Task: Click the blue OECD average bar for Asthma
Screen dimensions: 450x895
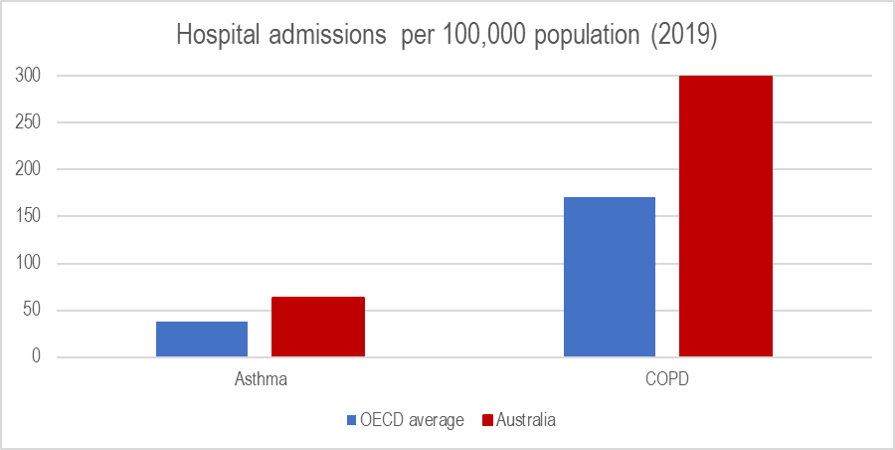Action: coord(202,338)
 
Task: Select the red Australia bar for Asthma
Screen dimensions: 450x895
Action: coord(318,327)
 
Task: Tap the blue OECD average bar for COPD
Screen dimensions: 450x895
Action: coord(610,277)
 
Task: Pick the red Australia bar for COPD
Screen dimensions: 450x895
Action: coord(726,216)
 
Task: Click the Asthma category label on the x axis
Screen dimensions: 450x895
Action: coord(261,380)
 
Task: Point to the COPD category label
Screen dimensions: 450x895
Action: coord(668,380)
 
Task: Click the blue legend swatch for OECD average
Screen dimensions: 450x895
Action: coord(352,420)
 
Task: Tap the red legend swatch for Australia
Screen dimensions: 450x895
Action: coord(486,420)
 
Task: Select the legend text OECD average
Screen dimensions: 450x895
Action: coord(413,420)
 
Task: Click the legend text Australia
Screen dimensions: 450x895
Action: coord(526,420)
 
